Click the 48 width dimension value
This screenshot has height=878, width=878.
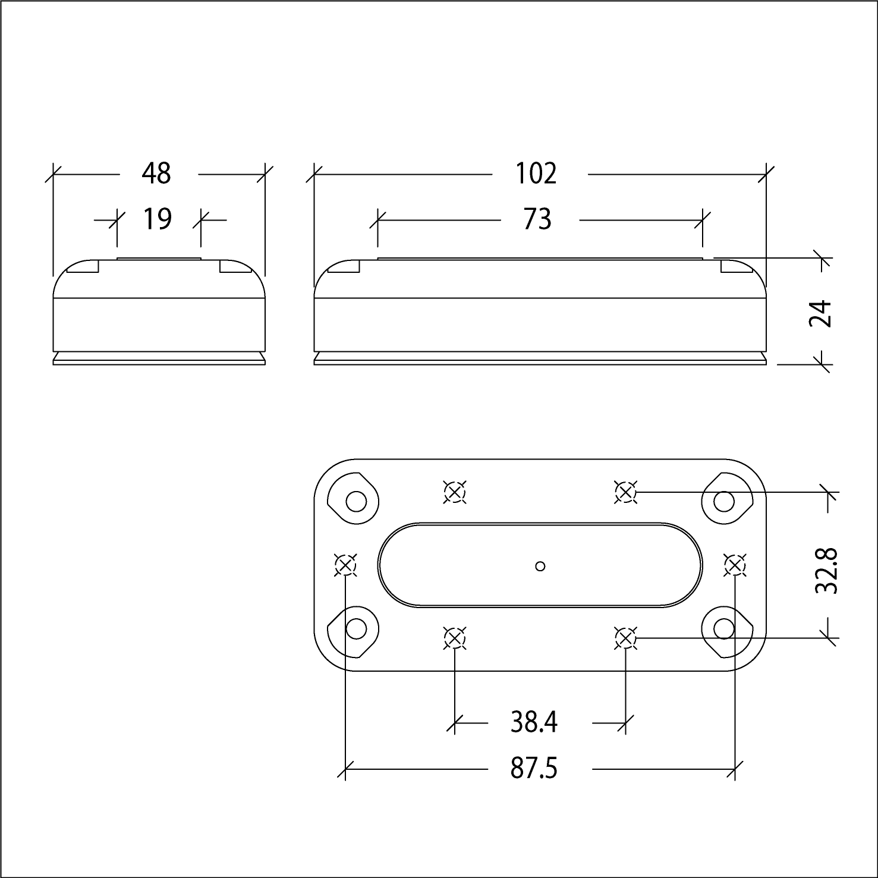click(x=156, y=174)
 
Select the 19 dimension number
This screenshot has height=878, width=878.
click(x=158, y=219)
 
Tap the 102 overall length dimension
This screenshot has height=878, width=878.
click(x=536, y=174)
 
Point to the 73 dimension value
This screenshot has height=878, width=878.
click(x=537, y=219)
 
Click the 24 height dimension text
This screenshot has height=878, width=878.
click(x=821, y=314)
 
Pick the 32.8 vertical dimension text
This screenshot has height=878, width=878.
click(x=827, y=571)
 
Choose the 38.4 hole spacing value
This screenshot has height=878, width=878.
click(x=534, y=722)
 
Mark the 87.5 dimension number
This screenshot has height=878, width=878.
click(x=534, y=769)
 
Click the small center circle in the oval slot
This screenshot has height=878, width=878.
click(x=540, y=566)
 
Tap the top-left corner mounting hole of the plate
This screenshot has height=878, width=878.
click(x=356, y=502)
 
